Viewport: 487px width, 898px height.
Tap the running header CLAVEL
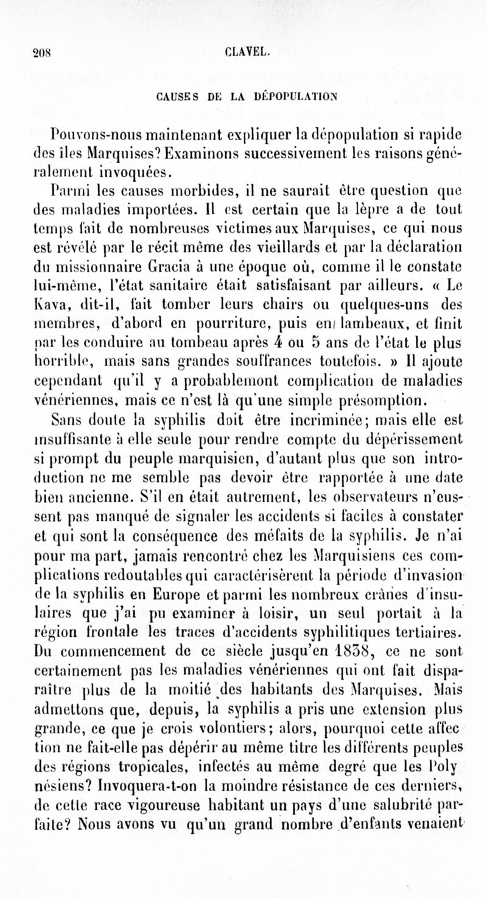pos(243,51)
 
